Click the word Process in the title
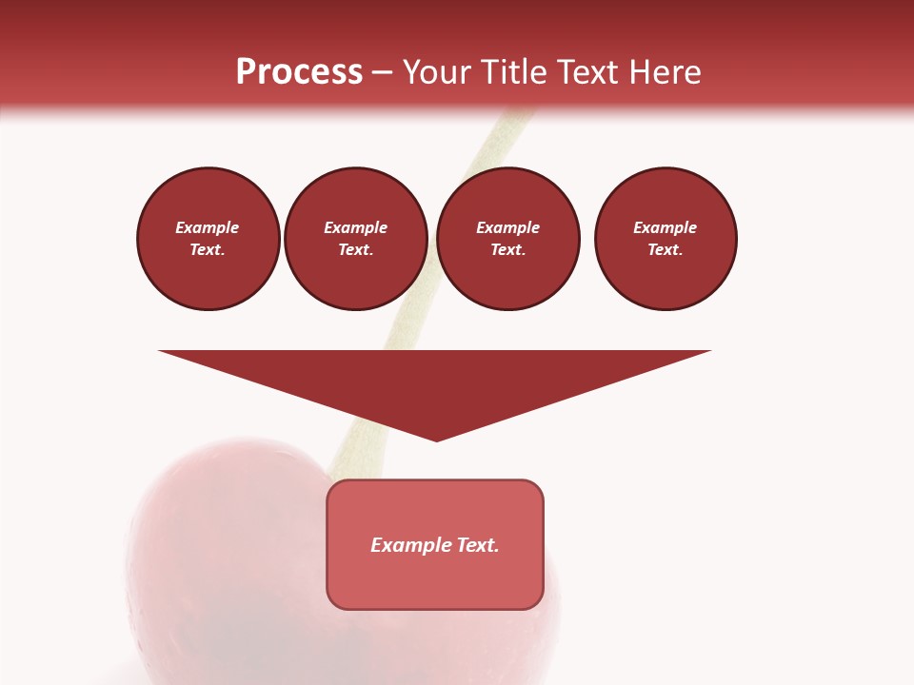pos(299,72)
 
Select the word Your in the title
pos(437,72)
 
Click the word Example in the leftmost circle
pos(208,227)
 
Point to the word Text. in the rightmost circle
pos(666,249)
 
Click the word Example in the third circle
pos(507,227)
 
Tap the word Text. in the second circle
pos(356,249)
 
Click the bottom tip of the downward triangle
pos(436,439)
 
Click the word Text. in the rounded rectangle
pos(478,545)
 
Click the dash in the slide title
pos(382,72)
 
